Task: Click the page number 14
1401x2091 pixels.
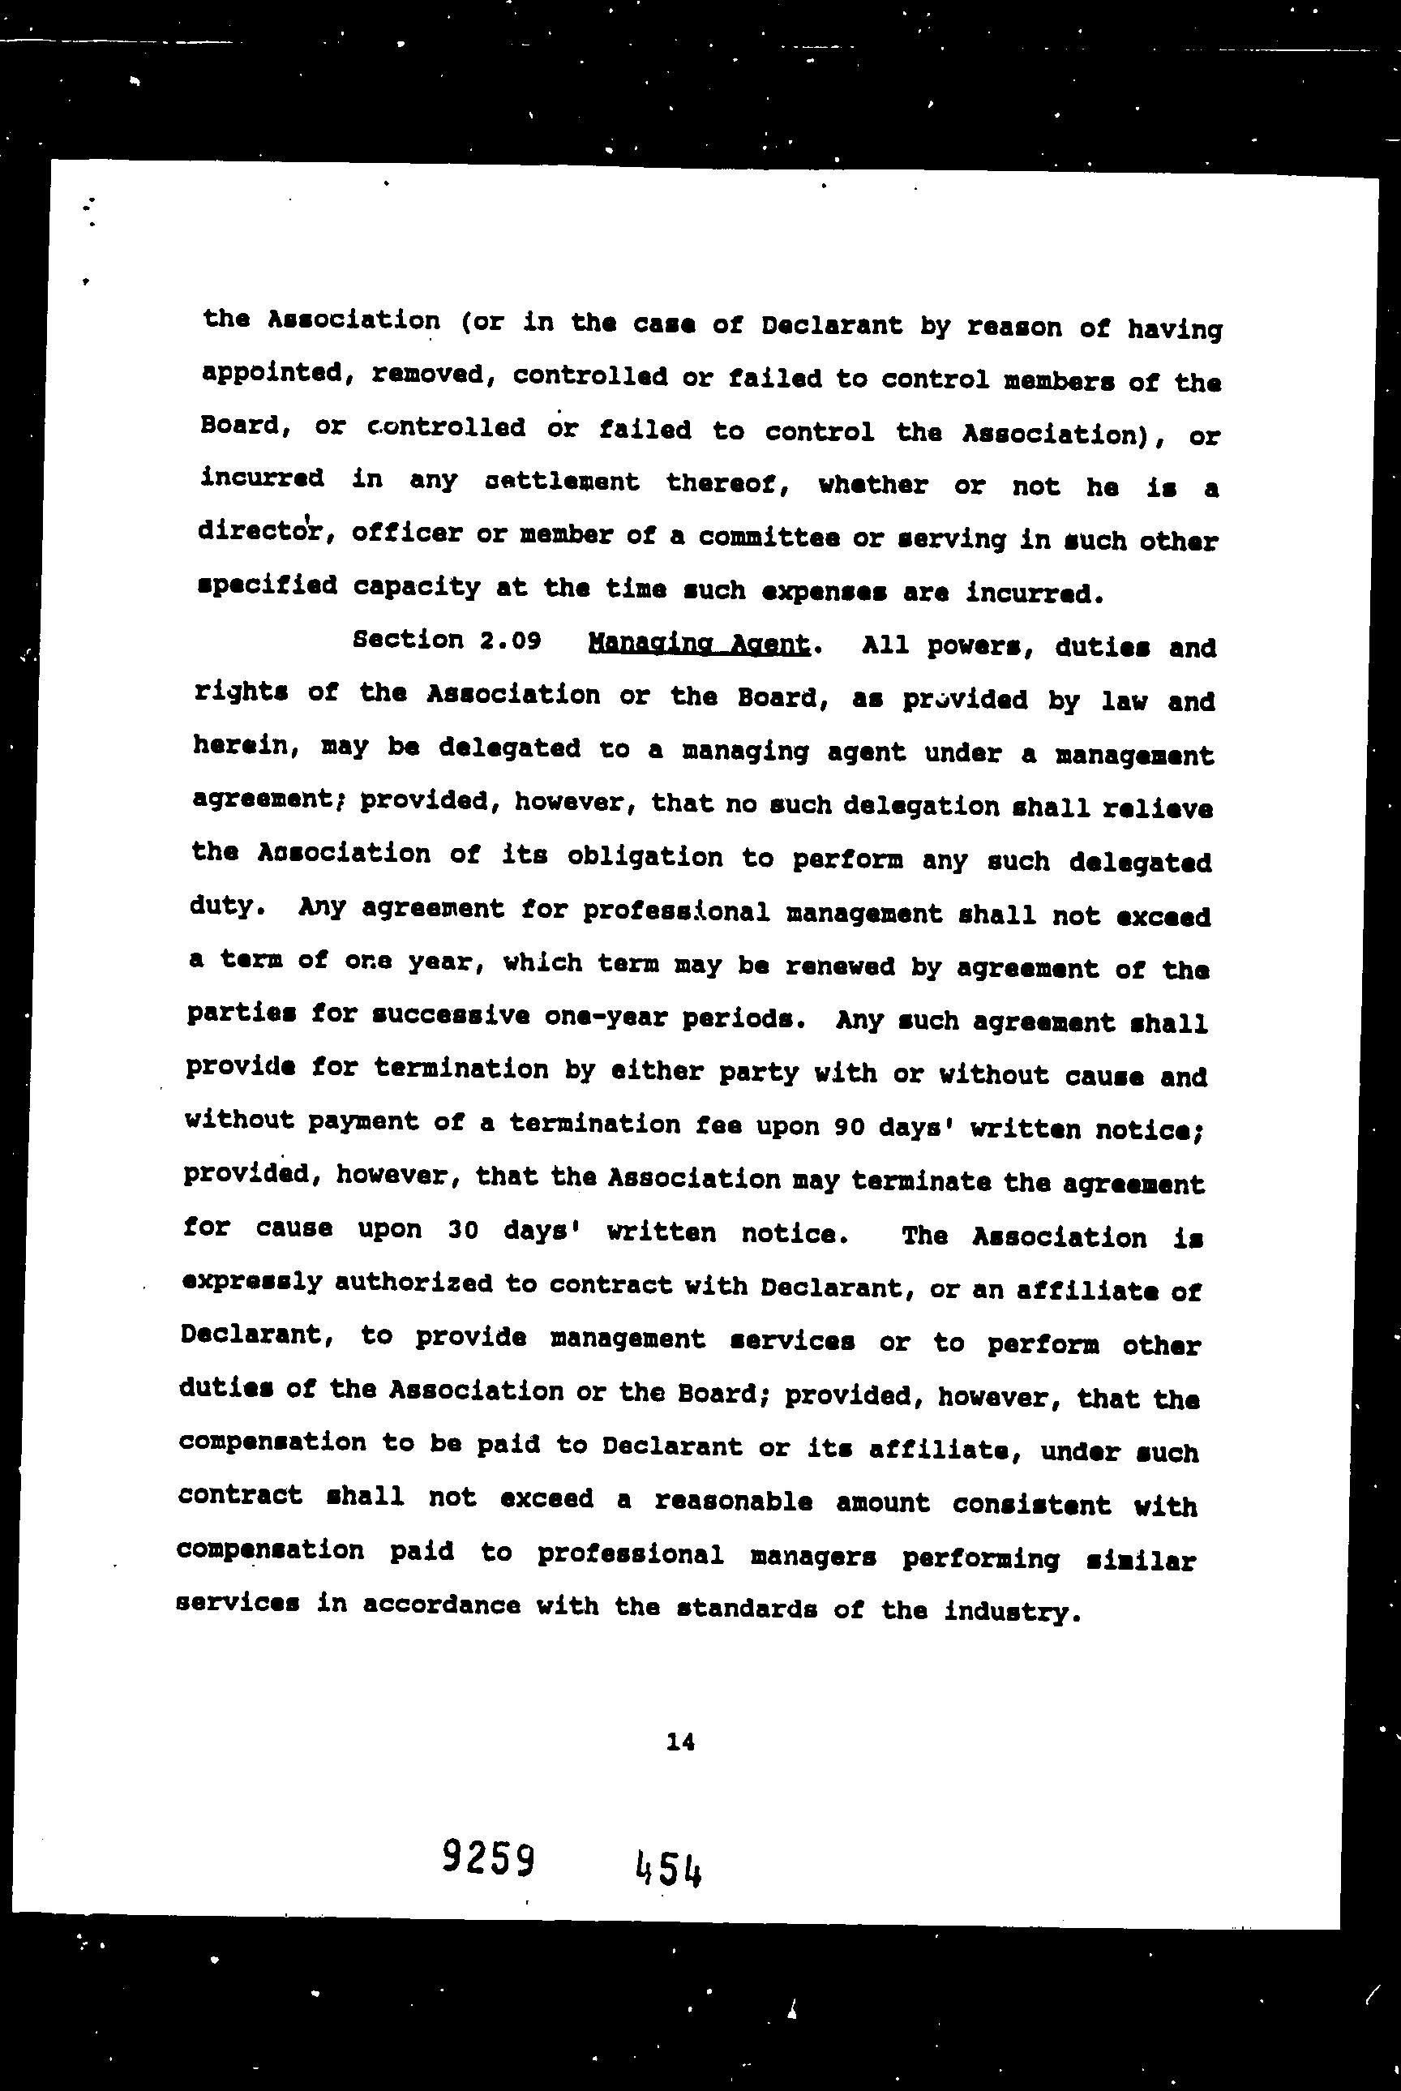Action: click(680, 1742)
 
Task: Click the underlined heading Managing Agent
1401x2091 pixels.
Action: click(699, 645)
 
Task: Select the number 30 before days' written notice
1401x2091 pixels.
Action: click(461, 1230)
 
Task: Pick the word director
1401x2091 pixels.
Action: click(265, 533)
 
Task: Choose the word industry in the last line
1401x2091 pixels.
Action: click(1007, 1611)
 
